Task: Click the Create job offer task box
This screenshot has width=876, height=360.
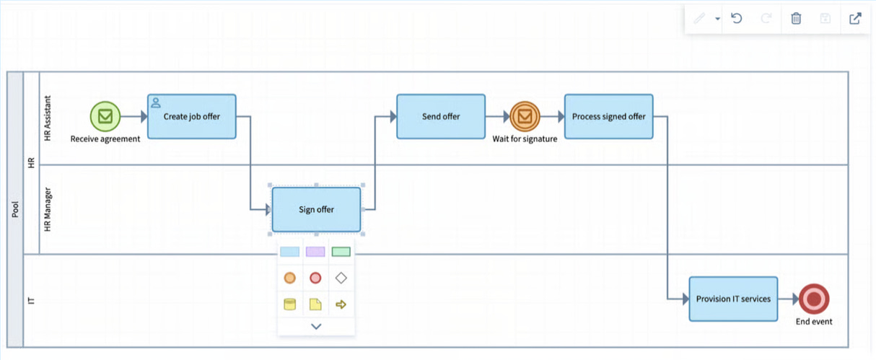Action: point(192,117)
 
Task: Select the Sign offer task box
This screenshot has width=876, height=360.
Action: point(316,210)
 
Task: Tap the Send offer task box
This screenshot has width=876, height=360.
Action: point(441,116)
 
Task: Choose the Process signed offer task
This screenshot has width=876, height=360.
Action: point(608,116)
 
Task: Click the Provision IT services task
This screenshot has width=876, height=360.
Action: point(733,299)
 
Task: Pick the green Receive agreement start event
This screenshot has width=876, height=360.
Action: point(105,115)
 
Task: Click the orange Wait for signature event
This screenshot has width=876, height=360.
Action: point(525,116)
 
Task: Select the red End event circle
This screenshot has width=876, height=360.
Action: point(814,299)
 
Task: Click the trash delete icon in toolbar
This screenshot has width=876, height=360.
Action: point(796,19)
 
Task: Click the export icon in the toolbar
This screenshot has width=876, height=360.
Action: point(855,19)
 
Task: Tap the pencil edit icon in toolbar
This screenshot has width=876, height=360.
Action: point(698,19)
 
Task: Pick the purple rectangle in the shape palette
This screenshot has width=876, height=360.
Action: point(315,252)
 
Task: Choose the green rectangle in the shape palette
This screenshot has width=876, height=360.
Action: point(341,252)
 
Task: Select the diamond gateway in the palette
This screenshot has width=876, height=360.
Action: point(341,278)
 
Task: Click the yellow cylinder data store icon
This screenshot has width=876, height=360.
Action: point(289,304)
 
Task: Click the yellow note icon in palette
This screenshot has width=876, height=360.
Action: point(315,304)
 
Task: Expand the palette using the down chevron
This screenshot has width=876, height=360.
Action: point(316,327)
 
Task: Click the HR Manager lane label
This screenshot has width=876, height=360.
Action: point(48,210)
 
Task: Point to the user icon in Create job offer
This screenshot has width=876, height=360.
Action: point(156,102)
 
